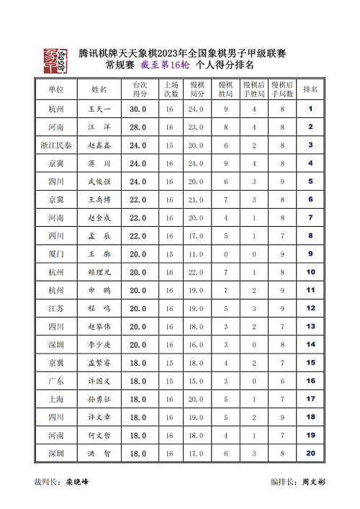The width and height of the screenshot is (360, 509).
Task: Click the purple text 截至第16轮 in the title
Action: coord(166,66)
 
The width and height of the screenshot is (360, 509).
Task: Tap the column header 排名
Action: coord(310,90)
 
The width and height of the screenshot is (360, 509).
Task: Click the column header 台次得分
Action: coord(140,90)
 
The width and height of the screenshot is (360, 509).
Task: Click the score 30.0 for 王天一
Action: coord(138,109)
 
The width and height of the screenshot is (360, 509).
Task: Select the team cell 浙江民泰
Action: coord(56,145)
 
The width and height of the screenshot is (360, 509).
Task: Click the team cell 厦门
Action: coord(56,254)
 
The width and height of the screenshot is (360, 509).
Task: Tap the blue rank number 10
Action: coord(310,272)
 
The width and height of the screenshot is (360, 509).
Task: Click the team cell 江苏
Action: coord(56,308)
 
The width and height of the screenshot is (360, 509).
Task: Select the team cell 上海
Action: coord(56,399)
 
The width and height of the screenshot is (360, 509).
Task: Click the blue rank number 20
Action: coord(310,454)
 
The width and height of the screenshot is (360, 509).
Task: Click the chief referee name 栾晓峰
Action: coord(78,482)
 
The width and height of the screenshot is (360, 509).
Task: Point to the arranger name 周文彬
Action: coord(313,482)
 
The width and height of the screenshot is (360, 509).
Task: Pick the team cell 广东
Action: coord(56,381)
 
